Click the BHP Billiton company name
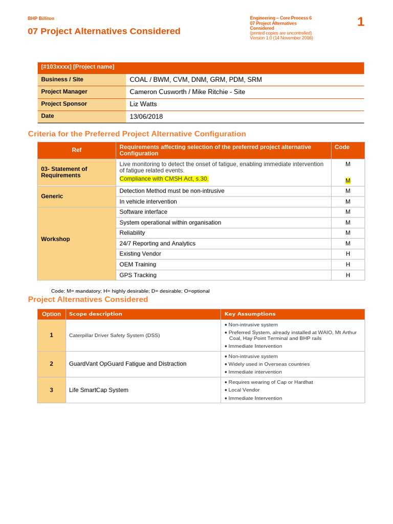41,18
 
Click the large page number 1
360,22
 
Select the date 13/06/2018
146,117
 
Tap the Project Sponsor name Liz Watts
143,104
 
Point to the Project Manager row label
64,92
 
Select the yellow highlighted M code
348,181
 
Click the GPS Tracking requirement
138,275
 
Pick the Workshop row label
55,239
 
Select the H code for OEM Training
348,265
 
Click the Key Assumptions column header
250,314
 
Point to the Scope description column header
96,314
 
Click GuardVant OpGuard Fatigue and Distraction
127,364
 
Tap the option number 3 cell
51,390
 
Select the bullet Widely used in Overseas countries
269,364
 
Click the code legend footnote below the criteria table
130,291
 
